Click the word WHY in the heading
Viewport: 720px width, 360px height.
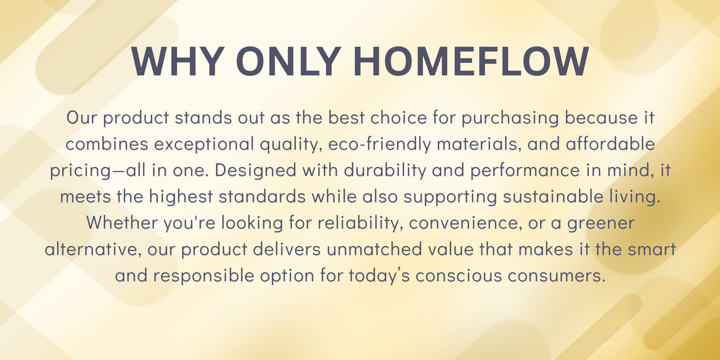178,61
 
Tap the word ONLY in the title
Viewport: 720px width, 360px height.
288,61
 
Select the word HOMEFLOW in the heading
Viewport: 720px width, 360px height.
471,61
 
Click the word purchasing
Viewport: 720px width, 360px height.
510,118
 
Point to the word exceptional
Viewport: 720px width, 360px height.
204,144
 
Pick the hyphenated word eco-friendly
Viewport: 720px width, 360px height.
380,144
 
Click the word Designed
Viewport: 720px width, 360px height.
255,171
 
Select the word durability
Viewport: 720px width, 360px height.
385,170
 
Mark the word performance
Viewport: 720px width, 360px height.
525,171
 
